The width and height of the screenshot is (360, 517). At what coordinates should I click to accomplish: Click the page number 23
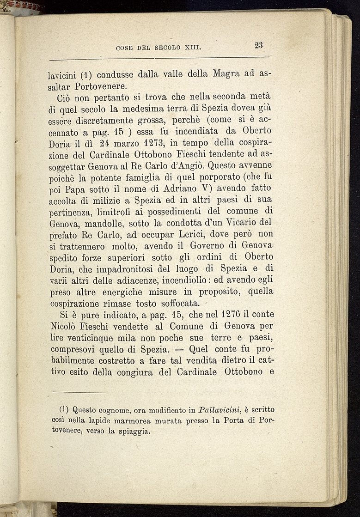click(x=258, y=45)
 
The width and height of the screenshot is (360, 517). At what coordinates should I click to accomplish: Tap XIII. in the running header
click(x=193, y=47)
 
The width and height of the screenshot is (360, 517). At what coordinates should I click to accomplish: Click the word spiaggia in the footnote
click(x=133, y=432)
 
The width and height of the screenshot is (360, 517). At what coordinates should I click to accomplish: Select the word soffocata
click(x=177, y=304)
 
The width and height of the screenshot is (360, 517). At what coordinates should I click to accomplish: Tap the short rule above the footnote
click(x=79, y=393)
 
